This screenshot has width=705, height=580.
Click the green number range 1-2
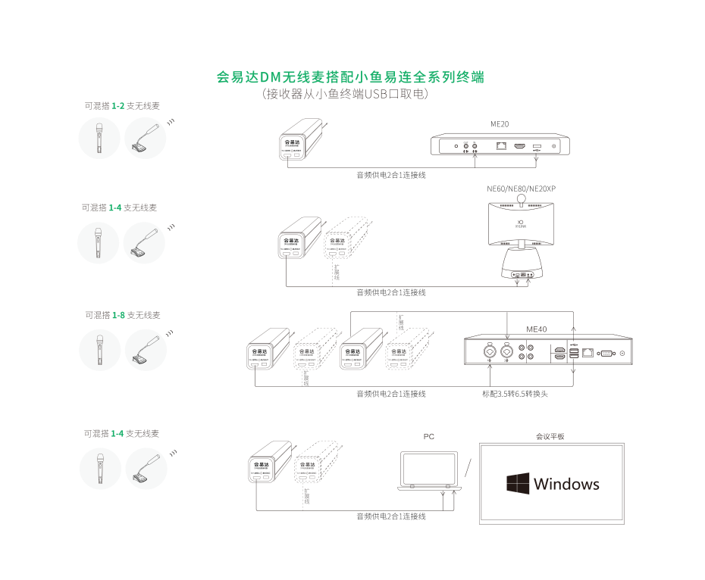[117, 106]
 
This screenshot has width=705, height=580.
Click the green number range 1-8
[118, 314]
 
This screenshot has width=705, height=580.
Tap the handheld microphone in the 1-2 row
[99, 139]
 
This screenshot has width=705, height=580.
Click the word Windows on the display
[566, 484]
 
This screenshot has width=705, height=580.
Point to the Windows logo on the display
[517, 484]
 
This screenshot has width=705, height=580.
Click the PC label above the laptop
[429, 437]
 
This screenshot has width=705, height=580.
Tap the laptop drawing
[429, 472]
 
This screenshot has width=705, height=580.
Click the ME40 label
[537, 329]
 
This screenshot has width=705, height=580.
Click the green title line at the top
[350, 77]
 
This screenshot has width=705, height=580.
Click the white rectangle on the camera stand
[522, 244]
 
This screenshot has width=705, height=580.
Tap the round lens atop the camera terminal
[522, 198]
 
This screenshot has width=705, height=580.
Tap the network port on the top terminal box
[501, 145]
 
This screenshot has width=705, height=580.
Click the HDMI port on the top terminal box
[520, 145]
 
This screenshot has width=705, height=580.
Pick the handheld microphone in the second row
[99, 242]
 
